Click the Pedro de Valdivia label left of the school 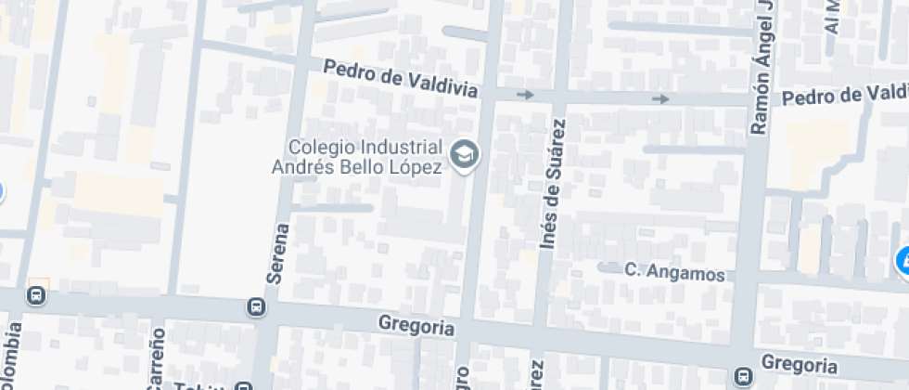point(401,80)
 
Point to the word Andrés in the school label point(301,166)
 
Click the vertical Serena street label point(282,253)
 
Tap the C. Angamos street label point(674,272)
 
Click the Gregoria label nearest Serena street point(416,326)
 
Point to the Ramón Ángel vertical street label point(761,68)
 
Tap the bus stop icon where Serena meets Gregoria point(253,306)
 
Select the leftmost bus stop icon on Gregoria point(36,296)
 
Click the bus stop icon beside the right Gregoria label point(742,376)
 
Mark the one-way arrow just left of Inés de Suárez point(526,95)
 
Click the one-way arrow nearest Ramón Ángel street point(660,98)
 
